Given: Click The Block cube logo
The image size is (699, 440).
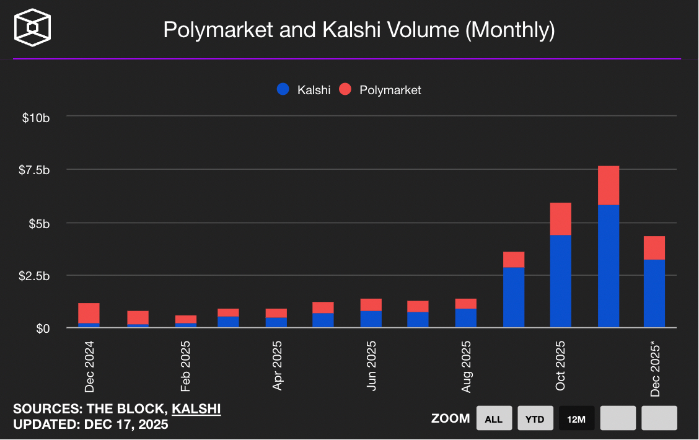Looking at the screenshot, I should (33, 29).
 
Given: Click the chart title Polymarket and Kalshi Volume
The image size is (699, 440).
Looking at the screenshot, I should (359, 30).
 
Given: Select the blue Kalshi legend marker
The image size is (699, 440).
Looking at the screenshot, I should (283, 90).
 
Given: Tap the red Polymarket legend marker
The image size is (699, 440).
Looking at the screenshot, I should (345, 90).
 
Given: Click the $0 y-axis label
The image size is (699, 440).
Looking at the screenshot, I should (41, 328).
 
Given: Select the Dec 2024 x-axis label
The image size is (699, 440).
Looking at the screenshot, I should (90, 365).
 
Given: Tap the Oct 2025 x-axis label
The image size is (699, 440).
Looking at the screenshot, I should (561, 365).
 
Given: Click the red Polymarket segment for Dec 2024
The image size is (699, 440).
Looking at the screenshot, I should (89, 313).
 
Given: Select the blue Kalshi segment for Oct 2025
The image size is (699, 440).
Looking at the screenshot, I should (560, 281).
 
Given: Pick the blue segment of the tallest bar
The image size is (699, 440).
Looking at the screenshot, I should (609, 266).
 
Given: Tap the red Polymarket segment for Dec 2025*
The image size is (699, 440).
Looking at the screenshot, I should (654, 248).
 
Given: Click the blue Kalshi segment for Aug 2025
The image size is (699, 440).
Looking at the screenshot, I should (466, 318).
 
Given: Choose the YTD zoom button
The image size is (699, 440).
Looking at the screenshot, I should (535, 419).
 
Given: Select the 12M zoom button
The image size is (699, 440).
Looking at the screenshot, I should (576, 419).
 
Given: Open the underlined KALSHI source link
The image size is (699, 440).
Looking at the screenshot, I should (196, 409).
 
